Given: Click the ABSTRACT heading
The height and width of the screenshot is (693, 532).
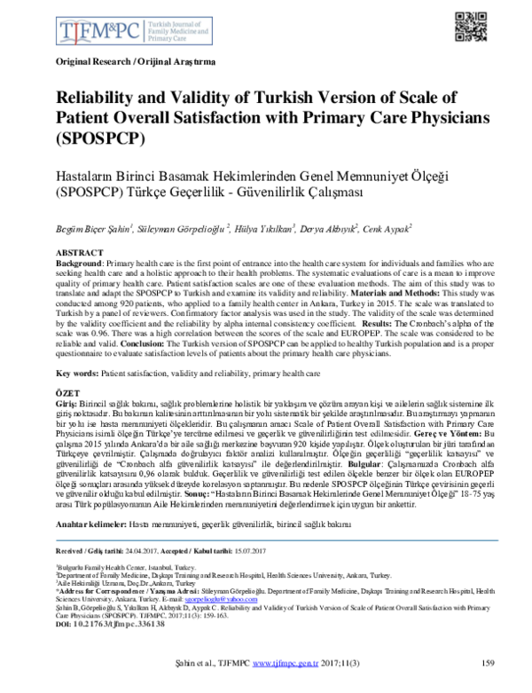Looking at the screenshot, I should click(80, 253).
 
